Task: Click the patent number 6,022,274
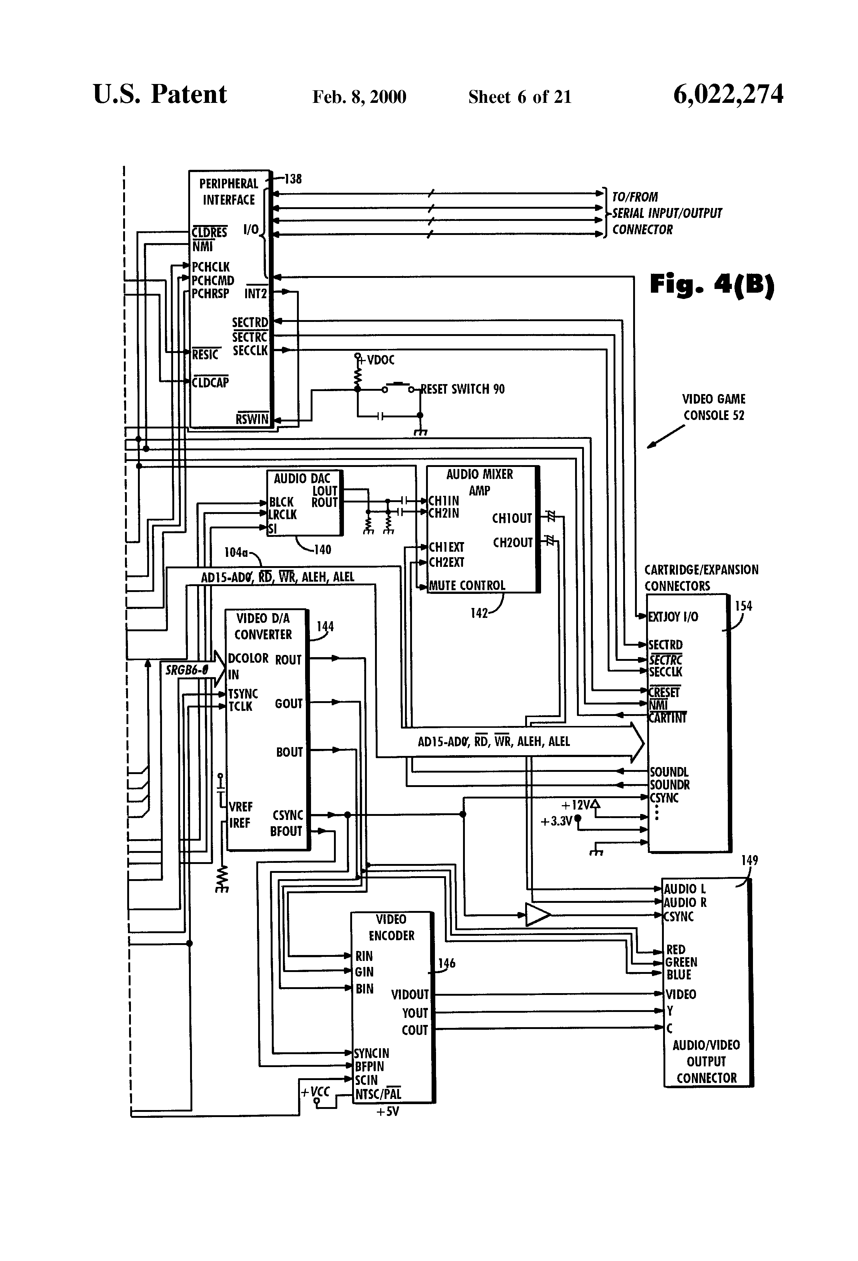pos(728,95)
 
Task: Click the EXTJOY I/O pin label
pos(673,617)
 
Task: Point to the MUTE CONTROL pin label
pos(467,585)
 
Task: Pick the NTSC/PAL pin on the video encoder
pos(378,1094)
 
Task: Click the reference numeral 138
pos(293,179)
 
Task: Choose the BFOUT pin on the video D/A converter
pos(286,831)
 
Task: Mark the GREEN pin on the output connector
pos(681,962)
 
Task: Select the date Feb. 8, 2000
pos(359,97)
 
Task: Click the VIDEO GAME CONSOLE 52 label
pos(714,407)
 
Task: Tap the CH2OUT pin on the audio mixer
pos(513,542)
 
